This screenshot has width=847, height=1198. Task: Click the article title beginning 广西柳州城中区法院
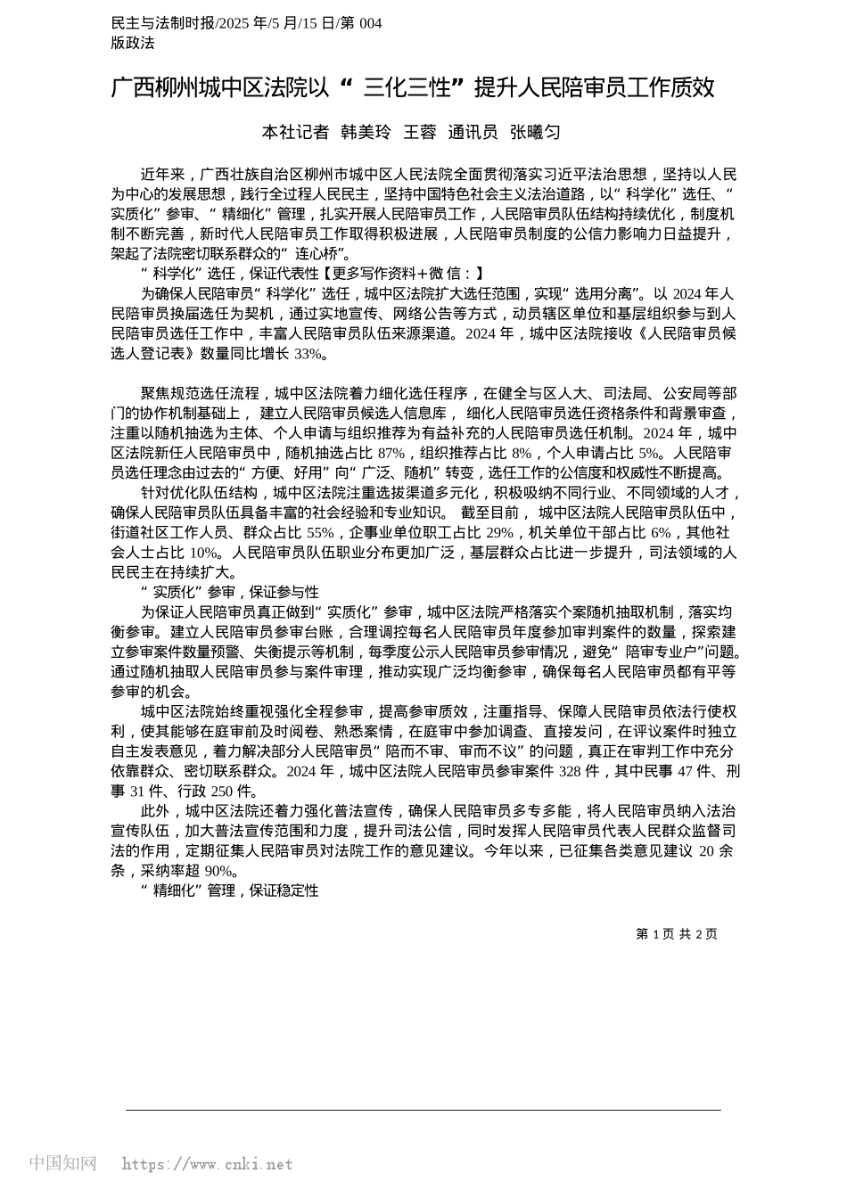tap(413, 87)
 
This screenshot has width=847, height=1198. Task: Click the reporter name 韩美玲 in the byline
tap(366, 133)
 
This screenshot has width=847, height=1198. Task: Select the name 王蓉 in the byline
tap(420, 133)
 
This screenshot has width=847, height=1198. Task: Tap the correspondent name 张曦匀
tap(535, 133)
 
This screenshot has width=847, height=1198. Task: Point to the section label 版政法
tap(133, 42)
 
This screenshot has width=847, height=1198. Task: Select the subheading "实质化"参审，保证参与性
tap(230, 592)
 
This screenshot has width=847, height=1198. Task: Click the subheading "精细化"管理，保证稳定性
tap(230, 890)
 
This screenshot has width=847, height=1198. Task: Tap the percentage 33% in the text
tap(308, 353)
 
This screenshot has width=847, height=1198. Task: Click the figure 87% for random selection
tap(391, 453)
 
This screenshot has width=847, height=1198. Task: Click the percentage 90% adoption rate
tap(218, 870)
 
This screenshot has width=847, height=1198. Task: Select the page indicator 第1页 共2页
tap(677, 933)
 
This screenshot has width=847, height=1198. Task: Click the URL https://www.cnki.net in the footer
tap(207, 1163)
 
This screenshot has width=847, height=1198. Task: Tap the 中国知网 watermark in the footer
tap(62, 1163)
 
